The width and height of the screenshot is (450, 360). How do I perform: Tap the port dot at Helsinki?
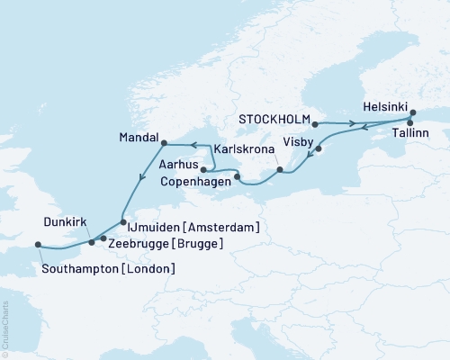[x=413, y=113]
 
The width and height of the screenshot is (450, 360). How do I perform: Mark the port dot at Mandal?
[x=163, y=142]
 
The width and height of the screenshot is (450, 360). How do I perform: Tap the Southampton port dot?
[x=38, y=244]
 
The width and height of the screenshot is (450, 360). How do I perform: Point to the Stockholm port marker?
[x=314, y=118]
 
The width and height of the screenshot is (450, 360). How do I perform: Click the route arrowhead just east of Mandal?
[x=192, y=142]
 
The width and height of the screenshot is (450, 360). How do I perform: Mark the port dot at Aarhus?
[x=203, y=168]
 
